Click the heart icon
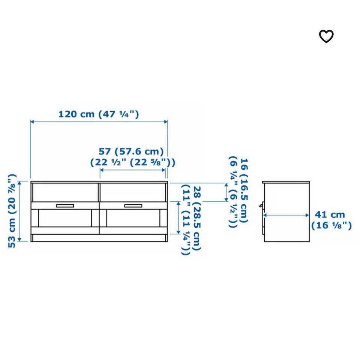[326, 36]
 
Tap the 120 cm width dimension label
[99, 114]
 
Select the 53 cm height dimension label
[12, 211]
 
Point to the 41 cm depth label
[331, 220]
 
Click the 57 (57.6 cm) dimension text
[132, 157]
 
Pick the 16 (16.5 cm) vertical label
[238, 192]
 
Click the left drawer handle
[65, 206]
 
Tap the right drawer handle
[133, 206]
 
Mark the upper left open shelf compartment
[65, 192]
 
